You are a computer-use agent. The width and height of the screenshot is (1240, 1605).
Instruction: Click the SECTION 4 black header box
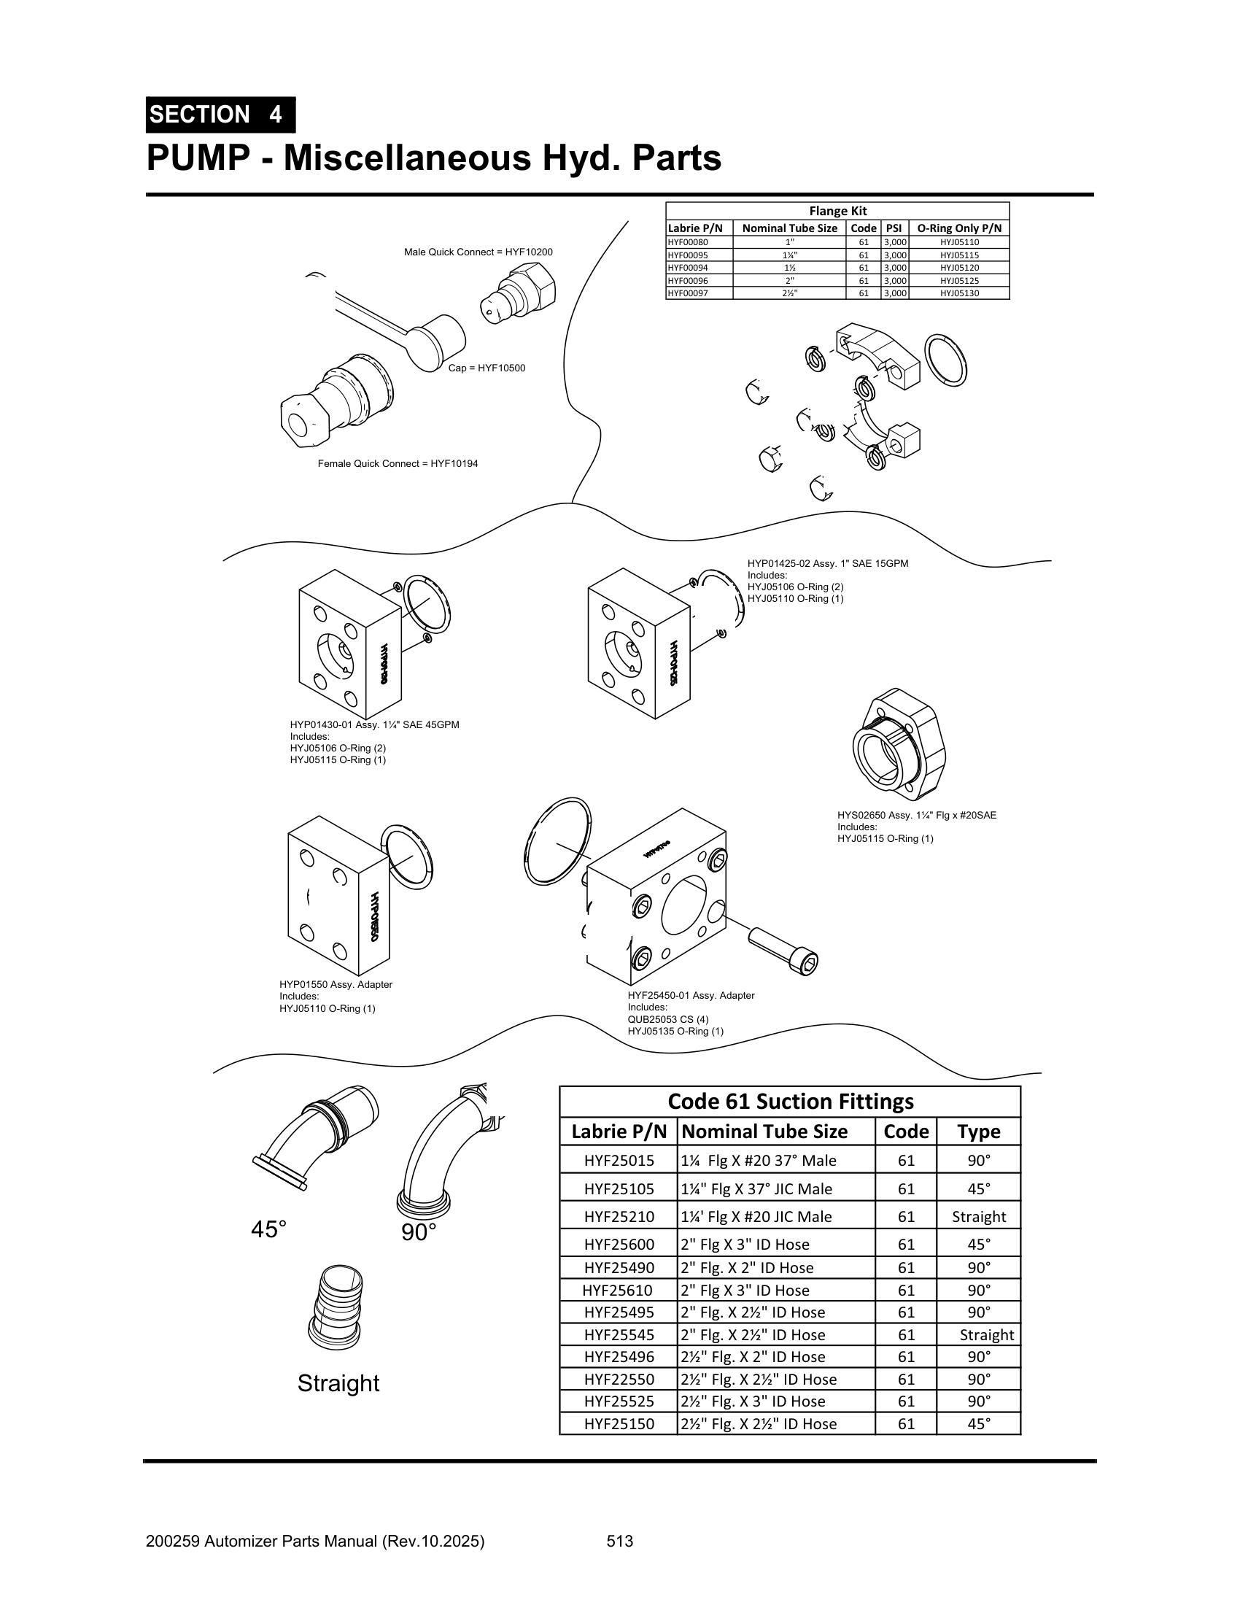click(x=220, y=115)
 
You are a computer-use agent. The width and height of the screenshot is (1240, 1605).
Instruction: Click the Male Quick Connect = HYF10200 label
click(x=478, y=252)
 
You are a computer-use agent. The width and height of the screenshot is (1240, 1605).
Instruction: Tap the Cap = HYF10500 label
click(x=487, y=368)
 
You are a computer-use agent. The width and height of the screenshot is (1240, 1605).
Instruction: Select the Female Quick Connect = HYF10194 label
click(x=398, y=464)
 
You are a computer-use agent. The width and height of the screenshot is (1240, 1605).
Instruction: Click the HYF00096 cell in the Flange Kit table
click(x=689, y=281)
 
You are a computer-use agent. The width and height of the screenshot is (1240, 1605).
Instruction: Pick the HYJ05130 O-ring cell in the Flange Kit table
click(x=958, y=293)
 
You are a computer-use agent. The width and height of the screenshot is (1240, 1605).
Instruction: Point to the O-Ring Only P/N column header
click(x=958, y=228)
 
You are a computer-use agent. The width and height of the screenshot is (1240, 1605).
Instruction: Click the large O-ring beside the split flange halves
click(x=945, y=360)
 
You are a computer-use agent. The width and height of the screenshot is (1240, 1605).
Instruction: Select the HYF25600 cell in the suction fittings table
click(x=619, y=1244)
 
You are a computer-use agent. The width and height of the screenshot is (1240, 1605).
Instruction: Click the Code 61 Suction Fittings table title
click(x=790, y=1102)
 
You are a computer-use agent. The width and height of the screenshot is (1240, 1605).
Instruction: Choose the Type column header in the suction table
click(x=977, y=1132)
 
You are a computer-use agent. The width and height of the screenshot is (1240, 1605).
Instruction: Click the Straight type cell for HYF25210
click(x=977, y=1216)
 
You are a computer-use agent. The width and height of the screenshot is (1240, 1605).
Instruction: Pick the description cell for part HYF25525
click(x=775, y=1401)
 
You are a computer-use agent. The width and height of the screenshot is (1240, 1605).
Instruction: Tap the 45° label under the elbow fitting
click(x=269, y=1229)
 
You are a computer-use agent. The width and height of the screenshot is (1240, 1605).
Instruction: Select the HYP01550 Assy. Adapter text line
click(x=336, y=985)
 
